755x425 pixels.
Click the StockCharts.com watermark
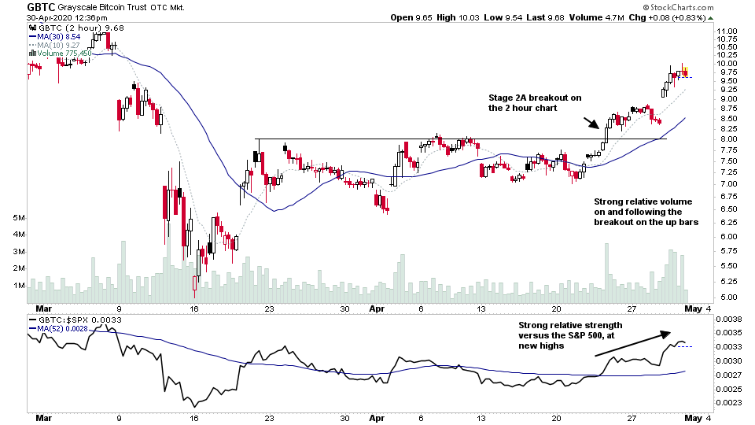[678, 6]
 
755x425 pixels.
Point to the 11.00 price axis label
[727, 31]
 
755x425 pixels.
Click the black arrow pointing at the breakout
[591, 122]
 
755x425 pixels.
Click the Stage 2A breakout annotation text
[535, 102]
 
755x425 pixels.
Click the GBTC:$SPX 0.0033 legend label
[69, 320]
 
